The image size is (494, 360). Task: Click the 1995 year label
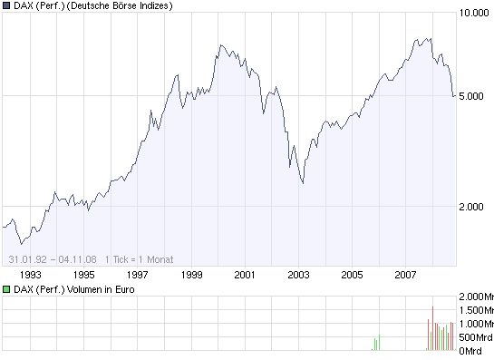click(83, 274)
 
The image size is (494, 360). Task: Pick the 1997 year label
click(138, 274)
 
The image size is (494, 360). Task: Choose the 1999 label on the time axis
click(191, 274)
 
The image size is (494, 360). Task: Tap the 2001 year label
click(245, 274)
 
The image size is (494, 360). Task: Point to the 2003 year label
click(298, 274)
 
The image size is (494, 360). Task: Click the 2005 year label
click(352, 274)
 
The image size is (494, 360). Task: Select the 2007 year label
click(405, 274)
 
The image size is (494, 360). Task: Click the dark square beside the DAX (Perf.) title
click(6, 5)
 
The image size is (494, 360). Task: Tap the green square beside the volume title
click(6, 289)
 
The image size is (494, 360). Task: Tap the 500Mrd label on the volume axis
click(475, 337)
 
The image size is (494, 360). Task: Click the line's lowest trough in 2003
click(302, 183)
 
